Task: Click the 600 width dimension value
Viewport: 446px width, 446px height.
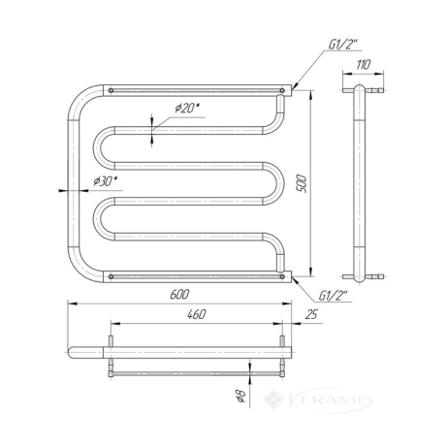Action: click(179, 294)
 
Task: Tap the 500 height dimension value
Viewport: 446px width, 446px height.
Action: click(301, 183)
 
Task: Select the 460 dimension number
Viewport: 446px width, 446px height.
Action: click(196, 314)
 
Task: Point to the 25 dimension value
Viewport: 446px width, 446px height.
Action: click(311, 314)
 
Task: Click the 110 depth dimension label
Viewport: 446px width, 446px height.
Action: click(364, 65)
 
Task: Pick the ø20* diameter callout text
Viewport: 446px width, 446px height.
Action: click(187, 108)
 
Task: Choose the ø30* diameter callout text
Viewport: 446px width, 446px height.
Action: click(106, 181)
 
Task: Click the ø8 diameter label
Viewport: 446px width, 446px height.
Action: click(241, 396)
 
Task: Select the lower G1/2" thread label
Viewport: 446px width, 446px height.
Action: click(333, 296)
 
